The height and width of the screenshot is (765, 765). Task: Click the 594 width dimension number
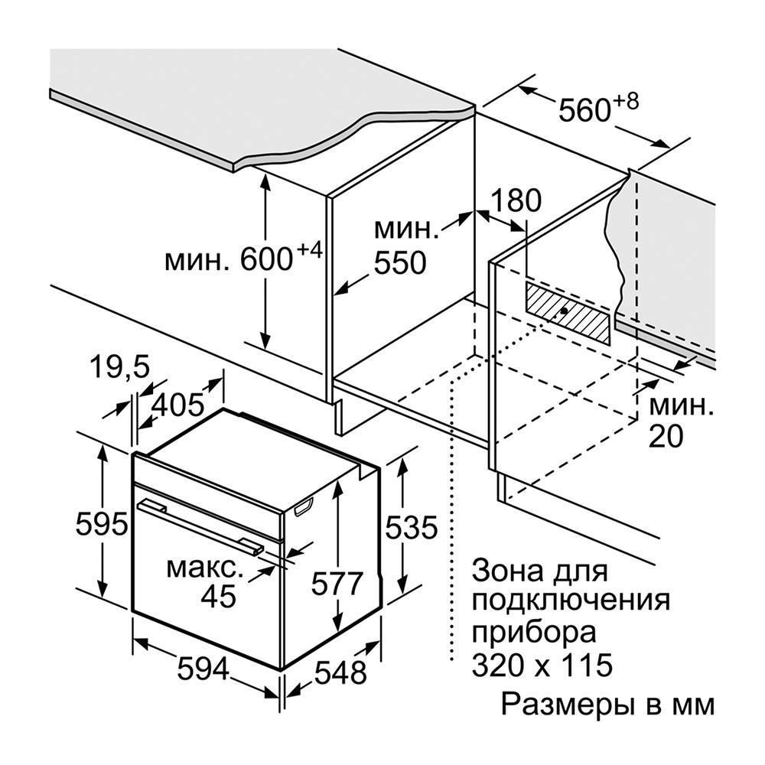pyautogui.click(x=203, y=669)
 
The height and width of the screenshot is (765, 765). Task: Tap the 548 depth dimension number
pyautogui.click(x=340, y=673)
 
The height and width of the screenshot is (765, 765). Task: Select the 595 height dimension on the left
pyautogui.click(x=102, y=525)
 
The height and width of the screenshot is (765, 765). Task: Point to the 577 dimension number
pyautogui.click(x=337, y=584)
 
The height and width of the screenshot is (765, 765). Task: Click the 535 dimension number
pyautogui.click(x=412, y=528)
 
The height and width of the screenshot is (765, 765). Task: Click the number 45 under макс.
pyautogui.click(x=219, y=596)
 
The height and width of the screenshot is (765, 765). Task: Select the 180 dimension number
pyautogui.click(x=516, y=200)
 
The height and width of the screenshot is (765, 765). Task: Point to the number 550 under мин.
pyautogui.click(x=400, y=262)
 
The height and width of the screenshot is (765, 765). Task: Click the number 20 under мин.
pyautogui.click(x=666, y=436)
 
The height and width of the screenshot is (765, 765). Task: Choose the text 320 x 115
pyautogui.click(x=542, y=664)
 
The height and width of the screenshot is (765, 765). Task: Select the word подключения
pyautogui.click(x=571, y=600)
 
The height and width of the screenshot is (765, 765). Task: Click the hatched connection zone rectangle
pyautogui.click(x=568, y=313)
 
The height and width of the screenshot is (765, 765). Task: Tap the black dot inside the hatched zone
pyautogui.click(x=564, y=311)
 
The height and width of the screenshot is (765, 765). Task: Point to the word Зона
pyautogui.click(x=507, y=571)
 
